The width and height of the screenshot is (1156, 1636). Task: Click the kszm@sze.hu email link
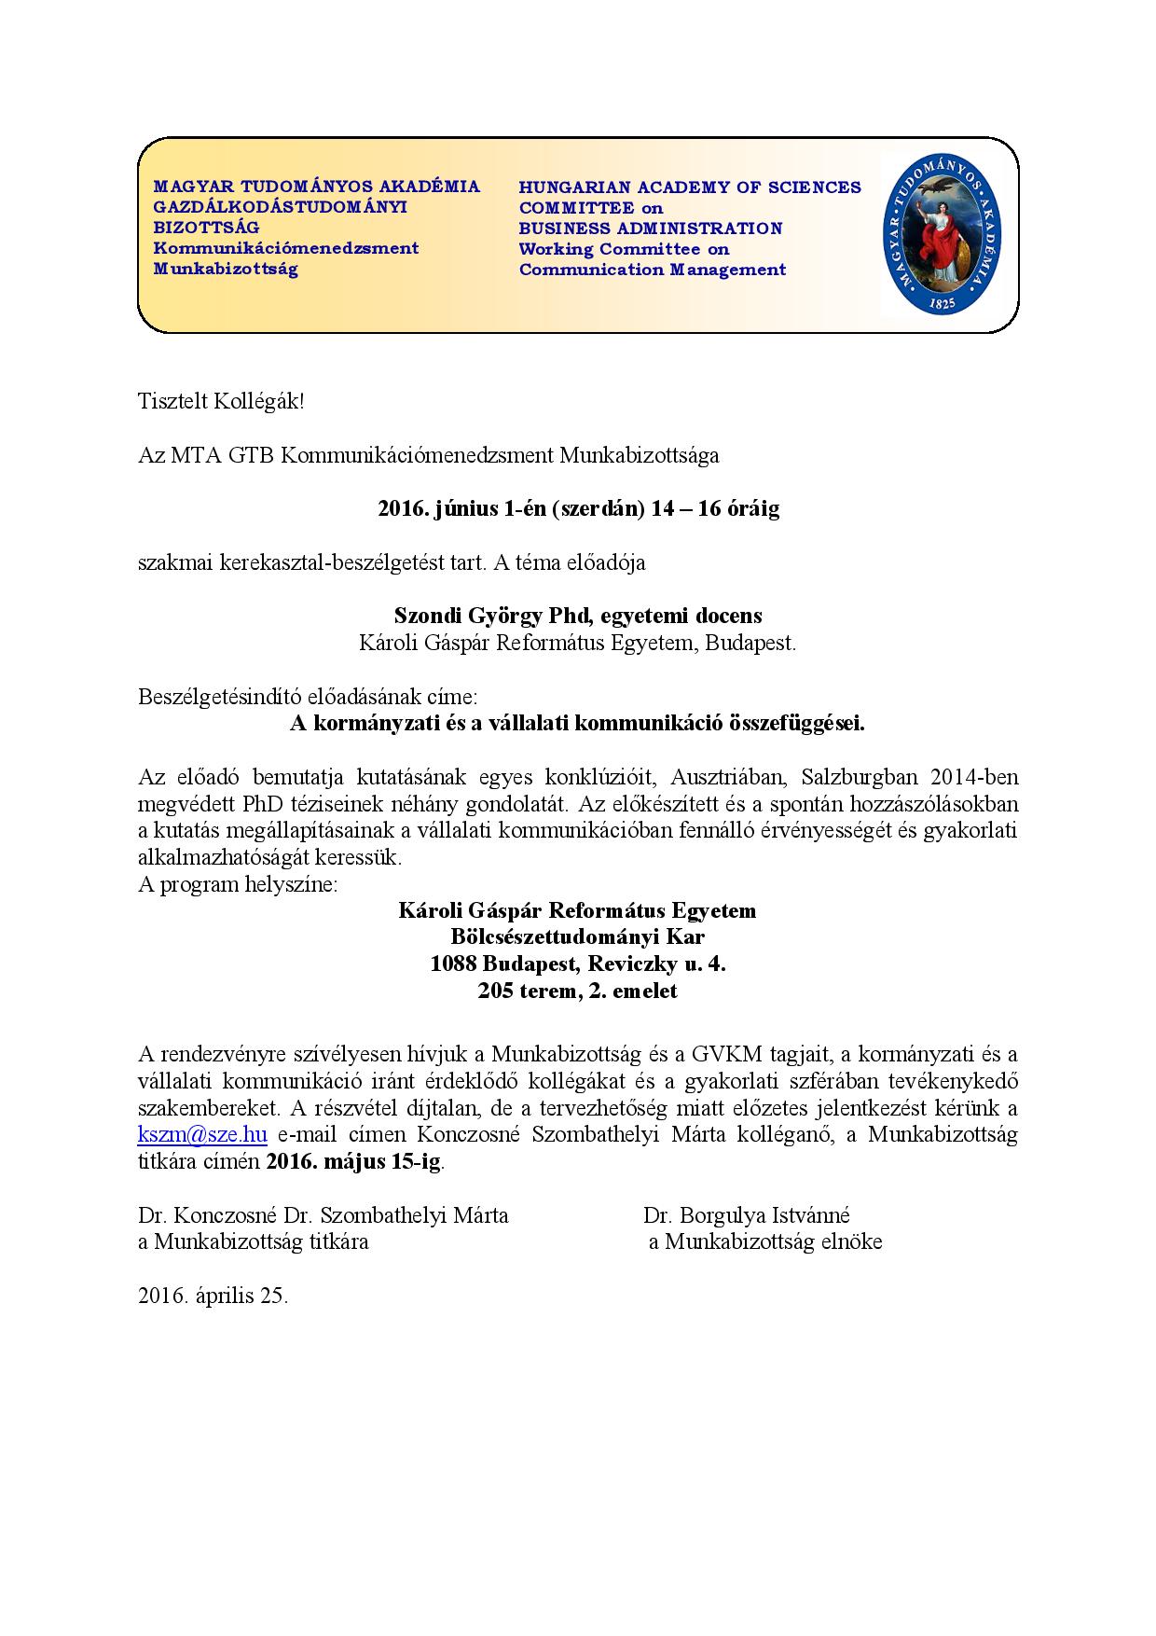(202, 1135)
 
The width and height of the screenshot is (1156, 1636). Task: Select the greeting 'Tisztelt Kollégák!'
(221, 402)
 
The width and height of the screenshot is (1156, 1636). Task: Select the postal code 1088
(454, 964)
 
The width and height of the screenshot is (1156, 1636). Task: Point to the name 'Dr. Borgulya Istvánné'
(746, 1215)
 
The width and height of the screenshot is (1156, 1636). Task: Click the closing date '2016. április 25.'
(213, 1296)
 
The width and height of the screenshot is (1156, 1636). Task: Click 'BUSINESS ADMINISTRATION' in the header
(651, 229)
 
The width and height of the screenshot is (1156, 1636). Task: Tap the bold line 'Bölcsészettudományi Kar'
(577, 937)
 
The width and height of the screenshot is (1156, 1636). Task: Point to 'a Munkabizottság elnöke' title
(765, 1242)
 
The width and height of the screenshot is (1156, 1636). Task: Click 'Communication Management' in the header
(653, 270)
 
